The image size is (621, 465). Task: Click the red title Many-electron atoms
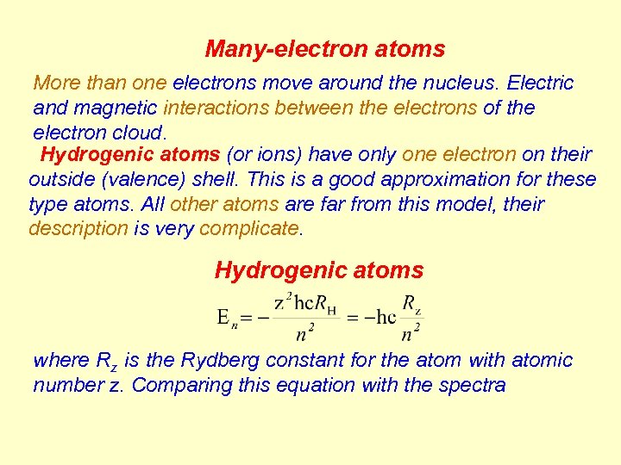tap(324, 49)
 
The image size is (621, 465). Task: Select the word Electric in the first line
tap(541, 83)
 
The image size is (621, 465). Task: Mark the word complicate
tap(250, 229)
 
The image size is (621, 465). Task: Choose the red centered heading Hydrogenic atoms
tap(319, 270)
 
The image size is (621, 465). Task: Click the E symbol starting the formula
tap(223, 317)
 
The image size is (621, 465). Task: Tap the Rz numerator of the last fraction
tap(411, 304)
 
